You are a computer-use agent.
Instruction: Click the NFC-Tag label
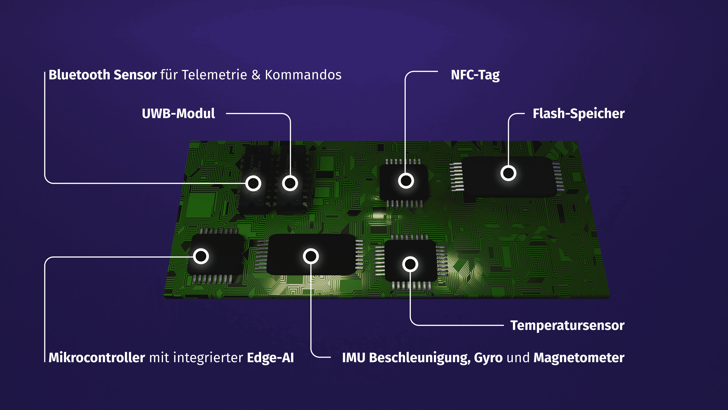click(x=475, y=75)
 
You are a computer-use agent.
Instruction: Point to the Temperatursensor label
click(x=567, y=325)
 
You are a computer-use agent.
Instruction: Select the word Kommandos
click(x=303, y=75)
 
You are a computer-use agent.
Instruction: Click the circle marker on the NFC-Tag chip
click(x=406, y=181)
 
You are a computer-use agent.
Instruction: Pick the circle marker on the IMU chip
click(x=311, y=256)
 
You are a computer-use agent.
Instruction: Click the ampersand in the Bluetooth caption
click(x=256, y=75)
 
